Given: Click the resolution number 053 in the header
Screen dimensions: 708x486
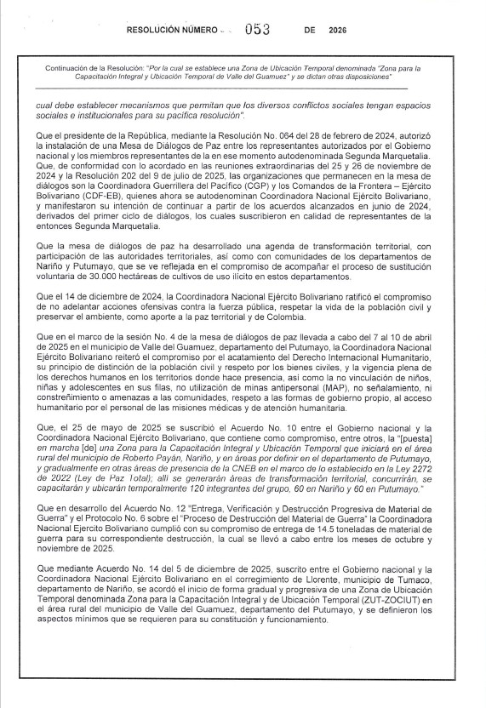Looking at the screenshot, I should point(256,27).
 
